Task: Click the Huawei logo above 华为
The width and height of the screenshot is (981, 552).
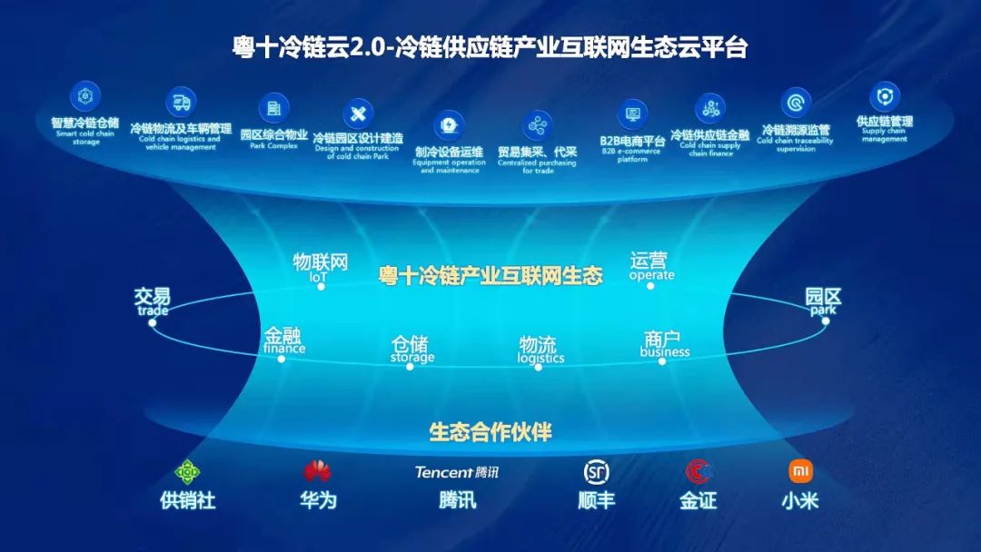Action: click(x=317, y=471)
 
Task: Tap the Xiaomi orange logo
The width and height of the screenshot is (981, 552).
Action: click(x=800, y=471)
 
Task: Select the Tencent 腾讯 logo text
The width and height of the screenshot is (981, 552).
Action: click(x=457, y=472)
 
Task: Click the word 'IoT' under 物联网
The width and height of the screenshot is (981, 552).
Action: click(x=318, y=277)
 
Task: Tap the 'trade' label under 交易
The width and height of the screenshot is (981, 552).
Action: click(x=153, y=310)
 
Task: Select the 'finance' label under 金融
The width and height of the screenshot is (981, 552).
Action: click(x=284, y=348)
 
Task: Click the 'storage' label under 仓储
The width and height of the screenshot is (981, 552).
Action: click(x=412, y=358)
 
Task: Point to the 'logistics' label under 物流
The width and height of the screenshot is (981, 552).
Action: click(x=540, y=358)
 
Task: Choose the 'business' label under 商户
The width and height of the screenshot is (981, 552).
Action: click(x=665, y=352)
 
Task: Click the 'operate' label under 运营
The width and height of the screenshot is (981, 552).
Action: click(x=652, y=275)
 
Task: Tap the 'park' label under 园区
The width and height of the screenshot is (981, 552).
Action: click(x=823, y=310)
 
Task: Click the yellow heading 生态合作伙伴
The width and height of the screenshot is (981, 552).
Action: click(x=490, y=432)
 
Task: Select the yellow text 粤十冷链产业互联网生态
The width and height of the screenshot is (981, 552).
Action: click(x=490, y=276)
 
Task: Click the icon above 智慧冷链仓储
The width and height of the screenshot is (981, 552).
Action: click(x=86, y=95)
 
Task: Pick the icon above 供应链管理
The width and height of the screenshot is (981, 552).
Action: click(x=884, y=96)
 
